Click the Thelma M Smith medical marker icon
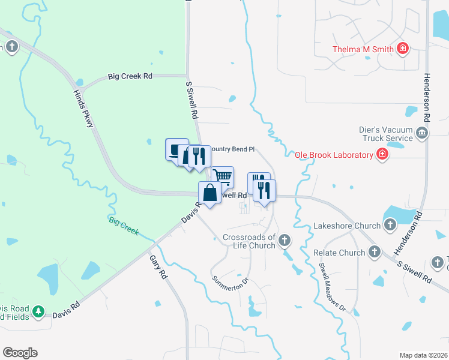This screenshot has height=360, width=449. (x=403, y=49)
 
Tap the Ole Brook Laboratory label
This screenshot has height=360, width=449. (x=334, y=155)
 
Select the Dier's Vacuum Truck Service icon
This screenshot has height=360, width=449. (x=421, y=133)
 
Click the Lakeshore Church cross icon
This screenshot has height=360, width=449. (x=390, y=226)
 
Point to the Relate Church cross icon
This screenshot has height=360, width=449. (x=375, y=253)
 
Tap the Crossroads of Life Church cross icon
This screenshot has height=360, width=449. (x=284, y=241)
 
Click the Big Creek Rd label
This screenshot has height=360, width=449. (x=130, y=76)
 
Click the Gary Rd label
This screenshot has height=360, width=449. (x=160, y=267)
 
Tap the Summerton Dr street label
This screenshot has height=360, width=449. (x=230, y=280)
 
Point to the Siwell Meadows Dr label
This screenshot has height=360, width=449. (x=333, y=287)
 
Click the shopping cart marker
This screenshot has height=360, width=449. (x=222, y=176)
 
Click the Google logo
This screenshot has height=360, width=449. (x=20, y=353)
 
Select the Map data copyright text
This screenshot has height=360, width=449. (x=423, y=355)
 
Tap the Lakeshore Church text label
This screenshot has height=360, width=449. (x=347, y=226)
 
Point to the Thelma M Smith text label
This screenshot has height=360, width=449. (x=364, y=49)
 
